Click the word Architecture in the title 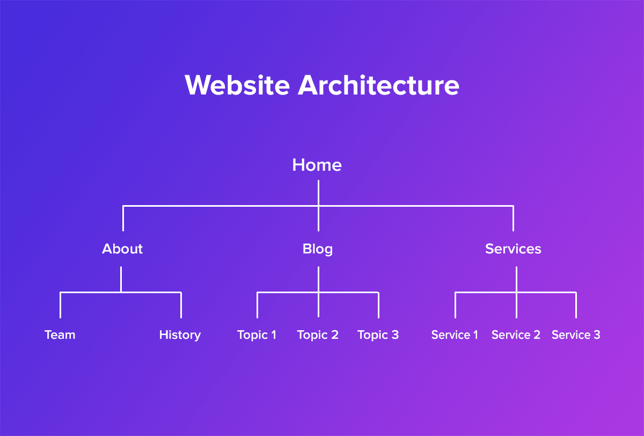point(379,85)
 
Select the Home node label point(317,165)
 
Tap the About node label point(122,249)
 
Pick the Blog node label point(318,249)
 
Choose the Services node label point(513,249)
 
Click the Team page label point(60,335)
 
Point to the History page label point(180,335)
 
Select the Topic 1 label point(257,335)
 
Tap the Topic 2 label point(318,335)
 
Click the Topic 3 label point(378,335)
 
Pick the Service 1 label point(455,335)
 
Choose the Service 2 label point(516,335)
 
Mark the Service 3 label point(576,335)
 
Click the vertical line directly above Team point(60,306)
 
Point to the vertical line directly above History point(181,306)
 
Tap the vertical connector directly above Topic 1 point(258,306)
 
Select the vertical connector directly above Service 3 point(576,306)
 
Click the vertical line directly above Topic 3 point(378,306)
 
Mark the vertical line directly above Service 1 point(456,306)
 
